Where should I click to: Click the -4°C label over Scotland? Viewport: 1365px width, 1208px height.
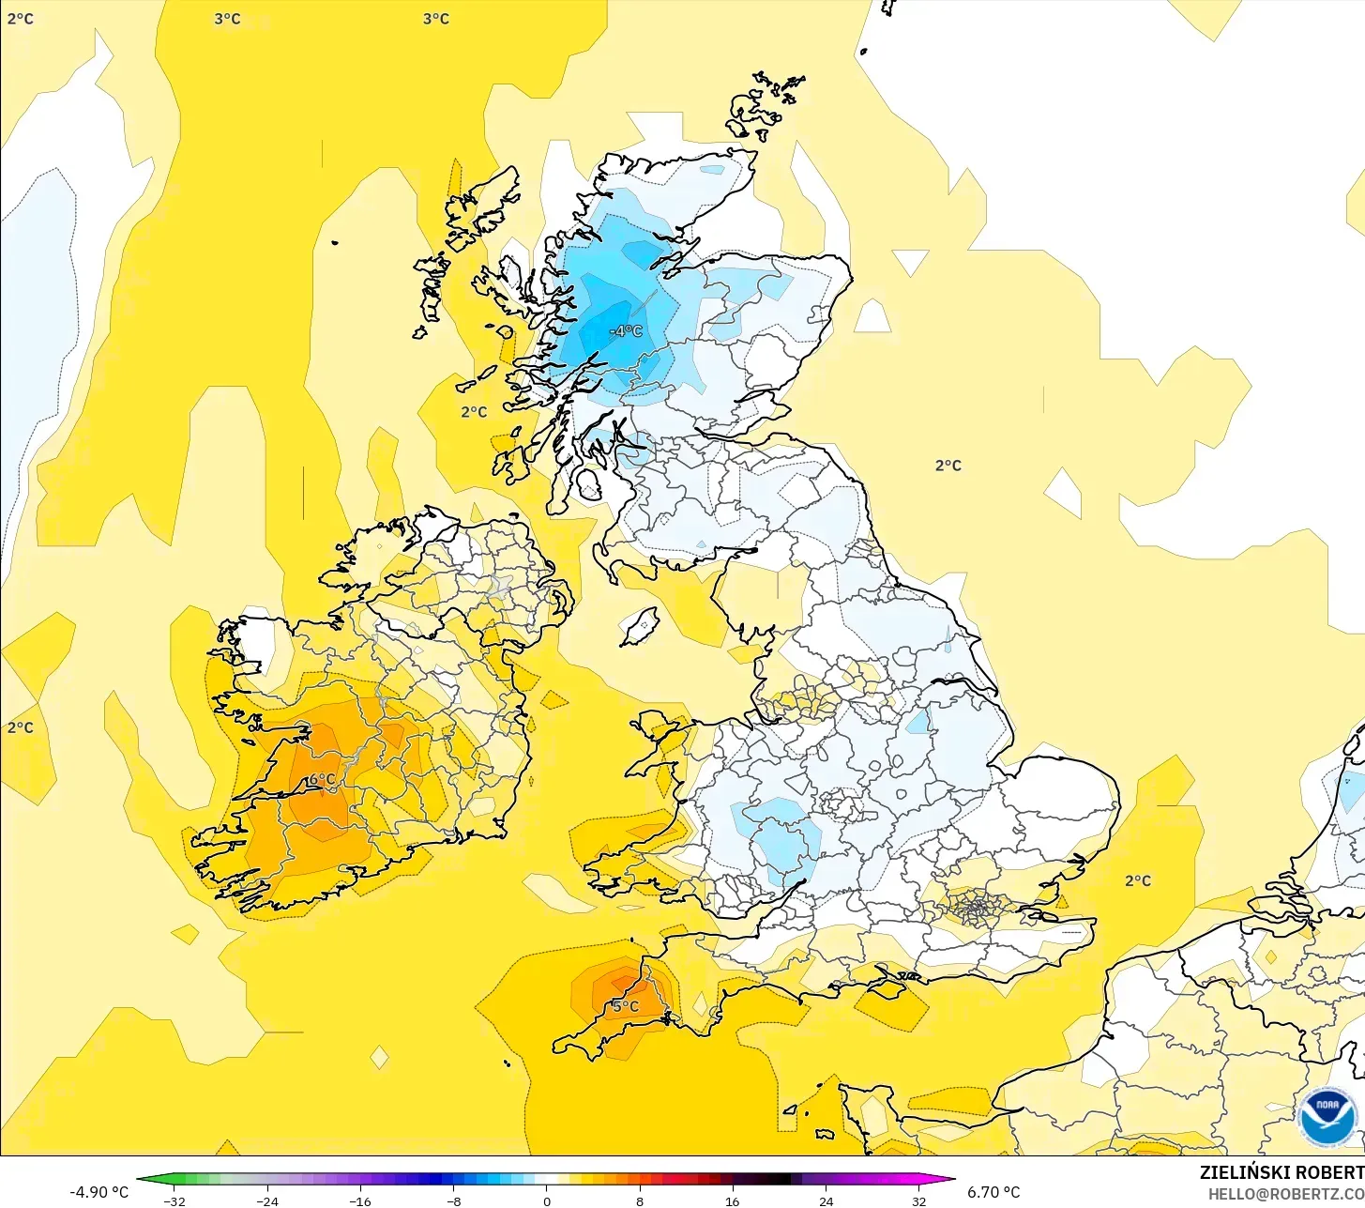pyautogui.click(x=626, y=331)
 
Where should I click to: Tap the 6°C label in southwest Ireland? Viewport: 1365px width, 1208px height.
pyautogui.click(x=321, y=779)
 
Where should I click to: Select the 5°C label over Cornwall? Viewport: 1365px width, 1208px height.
pyautogui.click(x=625, y=1006)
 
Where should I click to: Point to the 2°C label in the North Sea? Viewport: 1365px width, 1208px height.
pyautogui.click(x=948, y=466)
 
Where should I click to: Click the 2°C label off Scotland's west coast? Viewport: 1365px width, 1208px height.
pyautogui.click(x=474, y=412)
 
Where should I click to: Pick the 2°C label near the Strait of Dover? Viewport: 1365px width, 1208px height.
pyautogui.click(x=1137, y=880)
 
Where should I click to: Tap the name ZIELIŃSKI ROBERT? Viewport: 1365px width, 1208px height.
pyautogui.click(x=1282, y=1172)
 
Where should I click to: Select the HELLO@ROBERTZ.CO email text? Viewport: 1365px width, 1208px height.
pyautogui.click(x=1285, y=1193)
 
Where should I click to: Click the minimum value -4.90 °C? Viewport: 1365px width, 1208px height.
pyautogui.click(x=99, y=1192)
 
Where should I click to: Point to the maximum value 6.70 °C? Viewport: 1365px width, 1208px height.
pyautogui.click(x=993, y=1192)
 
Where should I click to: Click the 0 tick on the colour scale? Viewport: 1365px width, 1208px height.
pyautogui.click(x=546, y=1200)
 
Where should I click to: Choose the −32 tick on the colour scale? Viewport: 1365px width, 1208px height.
pyautogui.click(x=174, y=1200)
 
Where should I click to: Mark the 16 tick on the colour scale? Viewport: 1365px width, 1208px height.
pyautogui.click(x=732, y=1200)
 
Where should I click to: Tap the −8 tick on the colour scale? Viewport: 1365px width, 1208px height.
pyautogui.click(x=453, y=1200)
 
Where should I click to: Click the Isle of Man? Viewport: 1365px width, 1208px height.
pyautogui.click(x=642, y=625)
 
